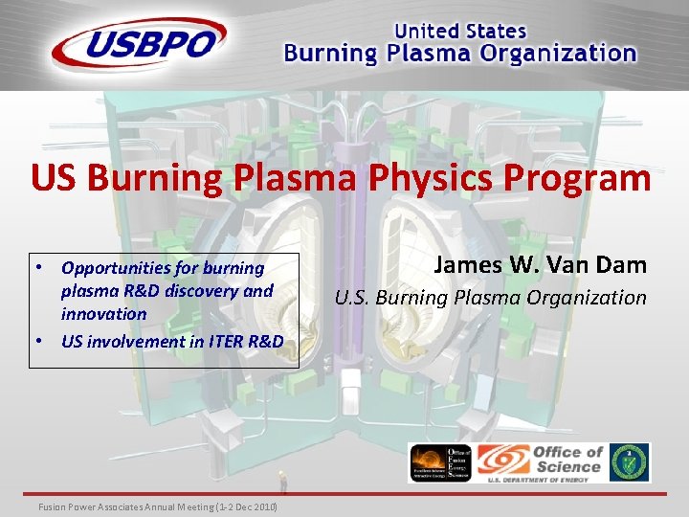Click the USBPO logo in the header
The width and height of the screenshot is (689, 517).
click(x=140, y=43)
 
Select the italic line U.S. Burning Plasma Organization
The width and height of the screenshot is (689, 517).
click(x=490, y=298)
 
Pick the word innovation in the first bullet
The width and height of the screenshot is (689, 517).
click(x=103, y=314)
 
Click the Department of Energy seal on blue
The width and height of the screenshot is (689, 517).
click(x=630, y=461)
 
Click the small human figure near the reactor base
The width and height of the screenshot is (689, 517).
click(x=282, y=481)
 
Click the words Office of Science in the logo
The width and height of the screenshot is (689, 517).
click(x=567, y=459)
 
